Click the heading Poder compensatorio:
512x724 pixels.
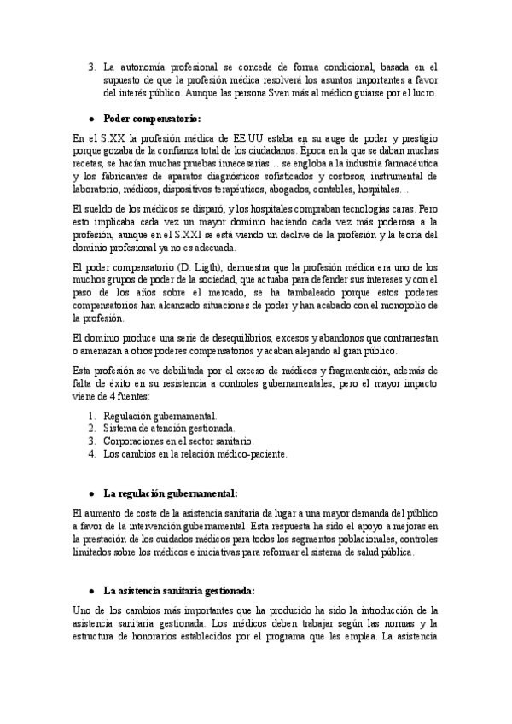coord(152,118)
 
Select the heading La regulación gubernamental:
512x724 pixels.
coord(170,493)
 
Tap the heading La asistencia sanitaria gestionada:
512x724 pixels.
coord(178,590)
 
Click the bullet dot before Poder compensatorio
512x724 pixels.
coord(91,119)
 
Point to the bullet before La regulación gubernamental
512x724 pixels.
coord(91,494)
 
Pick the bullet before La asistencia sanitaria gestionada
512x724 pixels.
coord(91,591)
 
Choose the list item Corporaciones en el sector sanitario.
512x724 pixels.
coord(178,441)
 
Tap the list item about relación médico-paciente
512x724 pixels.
coord(195,454)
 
